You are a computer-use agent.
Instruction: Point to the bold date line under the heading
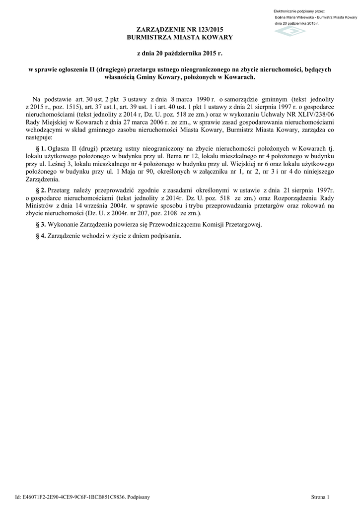point(179,53)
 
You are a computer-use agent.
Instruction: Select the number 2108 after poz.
point(168,213)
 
